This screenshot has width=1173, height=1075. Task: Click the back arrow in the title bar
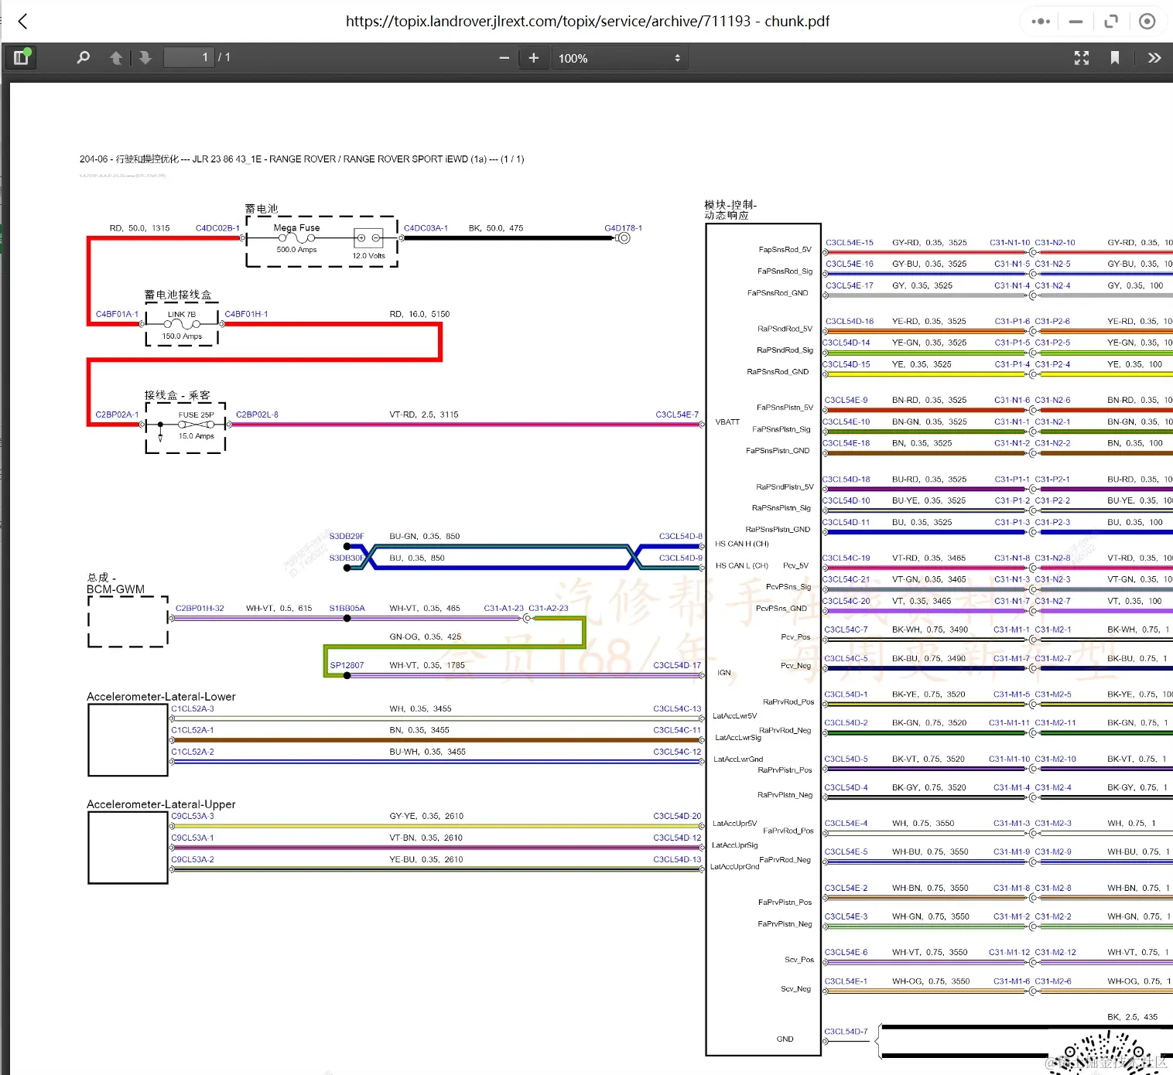pos(23,22)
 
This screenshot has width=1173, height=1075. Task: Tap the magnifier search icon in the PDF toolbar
pos(83,58)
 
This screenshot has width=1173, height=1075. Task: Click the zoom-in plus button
pos(533,58)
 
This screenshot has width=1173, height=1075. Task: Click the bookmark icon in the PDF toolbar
pos(1114,58)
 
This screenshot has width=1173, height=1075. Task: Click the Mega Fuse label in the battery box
pos(296,228)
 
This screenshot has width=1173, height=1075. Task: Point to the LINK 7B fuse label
pos(182,315)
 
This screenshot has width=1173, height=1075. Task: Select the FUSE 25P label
pos(196,415)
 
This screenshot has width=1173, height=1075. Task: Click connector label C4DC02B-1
pos(217,228)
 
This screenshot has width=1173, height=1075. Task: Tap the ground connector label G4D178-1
pos(623,228)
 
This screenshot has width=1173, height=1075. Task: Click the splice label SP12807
pos(347,665)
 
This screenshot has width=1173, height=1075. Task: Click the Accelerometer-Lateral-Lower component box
pos(128,739)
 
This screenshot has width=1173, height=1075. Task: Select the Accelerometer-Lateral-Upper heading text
pos(161,804)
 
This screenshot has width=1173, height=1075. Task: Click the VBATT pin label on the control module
pos(727,422)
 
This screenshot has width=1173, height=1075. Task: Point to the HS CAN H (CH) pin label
pos(742,544)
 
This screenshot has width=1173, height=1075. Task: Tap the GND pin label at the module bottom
pos(785,1039)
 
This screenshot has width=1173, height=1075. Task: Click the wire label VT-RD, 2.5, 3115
pos(424,415)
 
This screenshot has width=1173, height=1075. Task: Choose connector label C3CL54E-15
pos(849,243)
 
